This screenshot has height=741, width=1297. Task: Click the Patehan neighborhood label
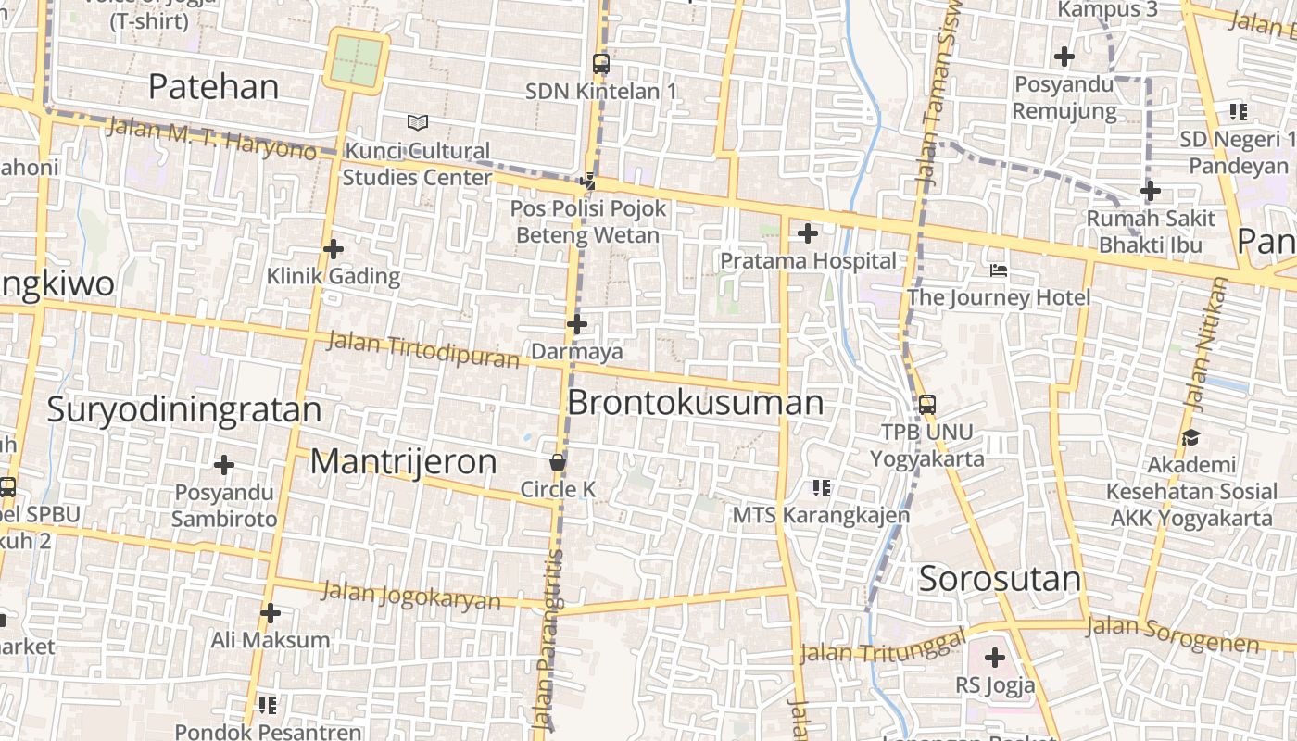click(x=213, y=86)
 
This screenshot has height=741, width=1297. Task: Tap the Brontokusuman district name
click(x=695, y=403)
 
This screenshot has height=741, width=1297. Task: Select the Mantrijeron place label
click(x=403, y=461)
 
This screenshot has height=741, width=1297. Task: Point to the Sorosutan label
click(x=1001, y=579)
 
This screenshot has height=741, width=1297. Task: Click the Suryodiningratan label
click(x=184, y=408)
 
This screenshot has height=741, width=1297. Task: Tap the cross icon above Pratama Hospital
click(x=808, y=233)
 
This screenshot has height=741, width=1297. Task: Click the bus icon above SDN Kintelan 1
click(x=601, y=64)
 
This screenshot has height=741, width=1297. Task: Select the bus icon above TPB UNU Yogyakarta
click(x=927, y=405)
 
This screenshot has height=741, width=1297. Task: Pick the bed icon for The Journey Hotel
click(x=999, y=270)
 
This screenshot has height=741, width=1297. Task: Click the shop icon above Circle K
click(x=558, y=461)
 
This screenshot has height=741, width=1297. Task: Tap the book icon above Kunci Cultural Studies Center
click(x=418, y=122)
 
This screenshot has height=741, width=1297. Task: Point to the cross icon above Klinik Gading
click(x=334, y=248)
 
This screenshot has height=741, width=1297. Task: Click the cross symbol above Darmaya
click(x=577, y=324)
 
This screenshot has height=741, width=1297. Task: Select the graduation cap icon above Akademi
click(x=1190, y=437)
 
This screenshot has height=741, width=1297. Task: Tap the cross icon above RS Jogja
click(x=995, y=659)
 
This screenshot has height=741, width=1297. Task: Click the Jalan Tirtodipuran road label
click(x=423, y=349)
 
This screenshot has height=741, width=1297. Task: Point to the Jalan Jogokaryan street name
click(x=410, y=595)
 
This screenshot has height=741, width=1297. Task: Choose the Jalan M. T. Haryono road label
click(x=211, y=136)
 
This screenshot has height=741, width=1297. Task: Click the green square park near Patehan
click(x=357, y=58)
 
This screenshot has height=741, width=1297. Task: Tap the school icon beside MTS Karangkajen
click(x=821, y=487)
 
